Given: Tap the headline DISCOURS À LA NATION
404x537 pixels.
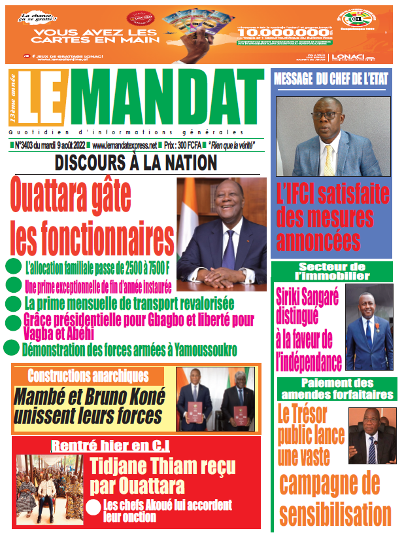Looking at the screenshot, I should (136, 163).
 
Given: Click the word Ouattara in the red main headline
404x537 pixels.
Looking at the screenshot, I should (71, 194).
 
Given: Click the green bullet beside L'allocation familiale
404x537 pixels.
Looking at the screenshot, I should (13, 267).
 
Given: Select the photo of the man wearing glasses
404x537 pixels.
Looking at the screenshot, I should (333, 137).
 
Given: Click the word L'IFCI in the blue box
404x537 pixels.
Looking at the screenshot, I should (297, 194).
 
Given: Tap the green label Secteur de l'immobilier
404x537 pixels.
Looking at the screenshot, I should (331, 270).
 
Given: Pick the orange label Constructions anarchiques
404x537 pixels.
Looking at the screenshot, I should (88, 376).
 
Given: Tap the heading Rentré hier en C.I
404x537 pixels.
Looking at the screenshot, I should (111, 446).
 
